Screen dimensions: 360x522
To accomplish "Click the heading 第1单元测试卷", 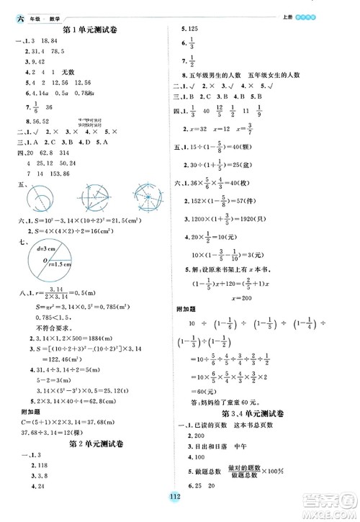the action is tap(91, 29).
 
